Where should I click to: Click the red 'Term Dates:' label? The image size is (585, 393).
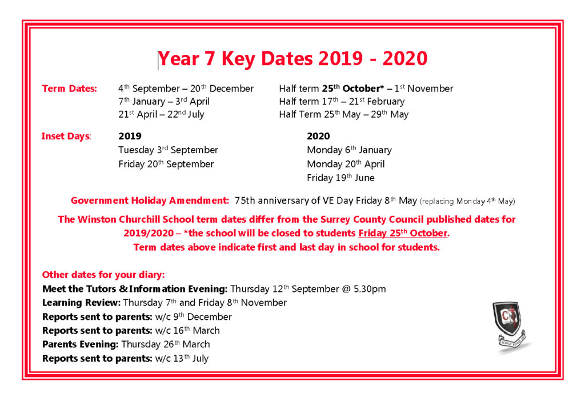[70, 89]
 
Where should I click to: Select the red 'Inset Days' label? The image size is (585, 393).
[66, 137]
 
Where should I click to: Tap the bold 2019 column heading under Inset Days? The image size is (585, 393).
[130, 137]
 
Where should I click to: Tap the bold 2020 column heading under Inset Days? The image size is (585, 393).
[318, 137]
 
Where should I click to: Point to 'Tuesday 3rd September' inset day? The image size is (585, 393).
[168, 150]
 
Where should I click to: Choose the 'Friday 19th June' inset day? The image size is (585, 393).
[340, 178]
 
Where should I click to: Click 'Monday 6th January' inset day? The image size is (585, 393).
[349, 150]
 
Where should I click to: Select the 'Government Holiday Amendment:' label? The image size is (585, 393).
[150, 200]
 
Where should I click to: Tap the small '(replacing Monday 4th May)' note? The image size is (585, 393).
[467, 201]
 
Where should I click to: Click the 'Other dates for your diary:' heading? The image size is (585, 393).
[103, 275]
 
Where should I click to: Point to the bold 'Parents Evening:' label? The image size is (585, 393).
[81, 344]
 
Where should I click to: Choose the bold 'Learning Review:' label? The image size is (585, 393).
[81, 303]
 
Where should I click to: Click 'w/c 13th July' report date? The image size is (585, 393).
[182, 359]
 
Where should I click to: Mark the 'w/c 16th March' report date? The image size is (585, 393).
[187, 331]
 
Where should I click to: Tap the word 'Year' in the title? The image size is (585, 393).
[179, 59]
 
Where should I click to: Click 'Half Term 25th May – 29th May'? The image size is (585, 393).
[343, 114]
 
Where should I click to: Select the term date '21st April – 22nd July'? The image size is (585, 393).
[161, 114]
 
